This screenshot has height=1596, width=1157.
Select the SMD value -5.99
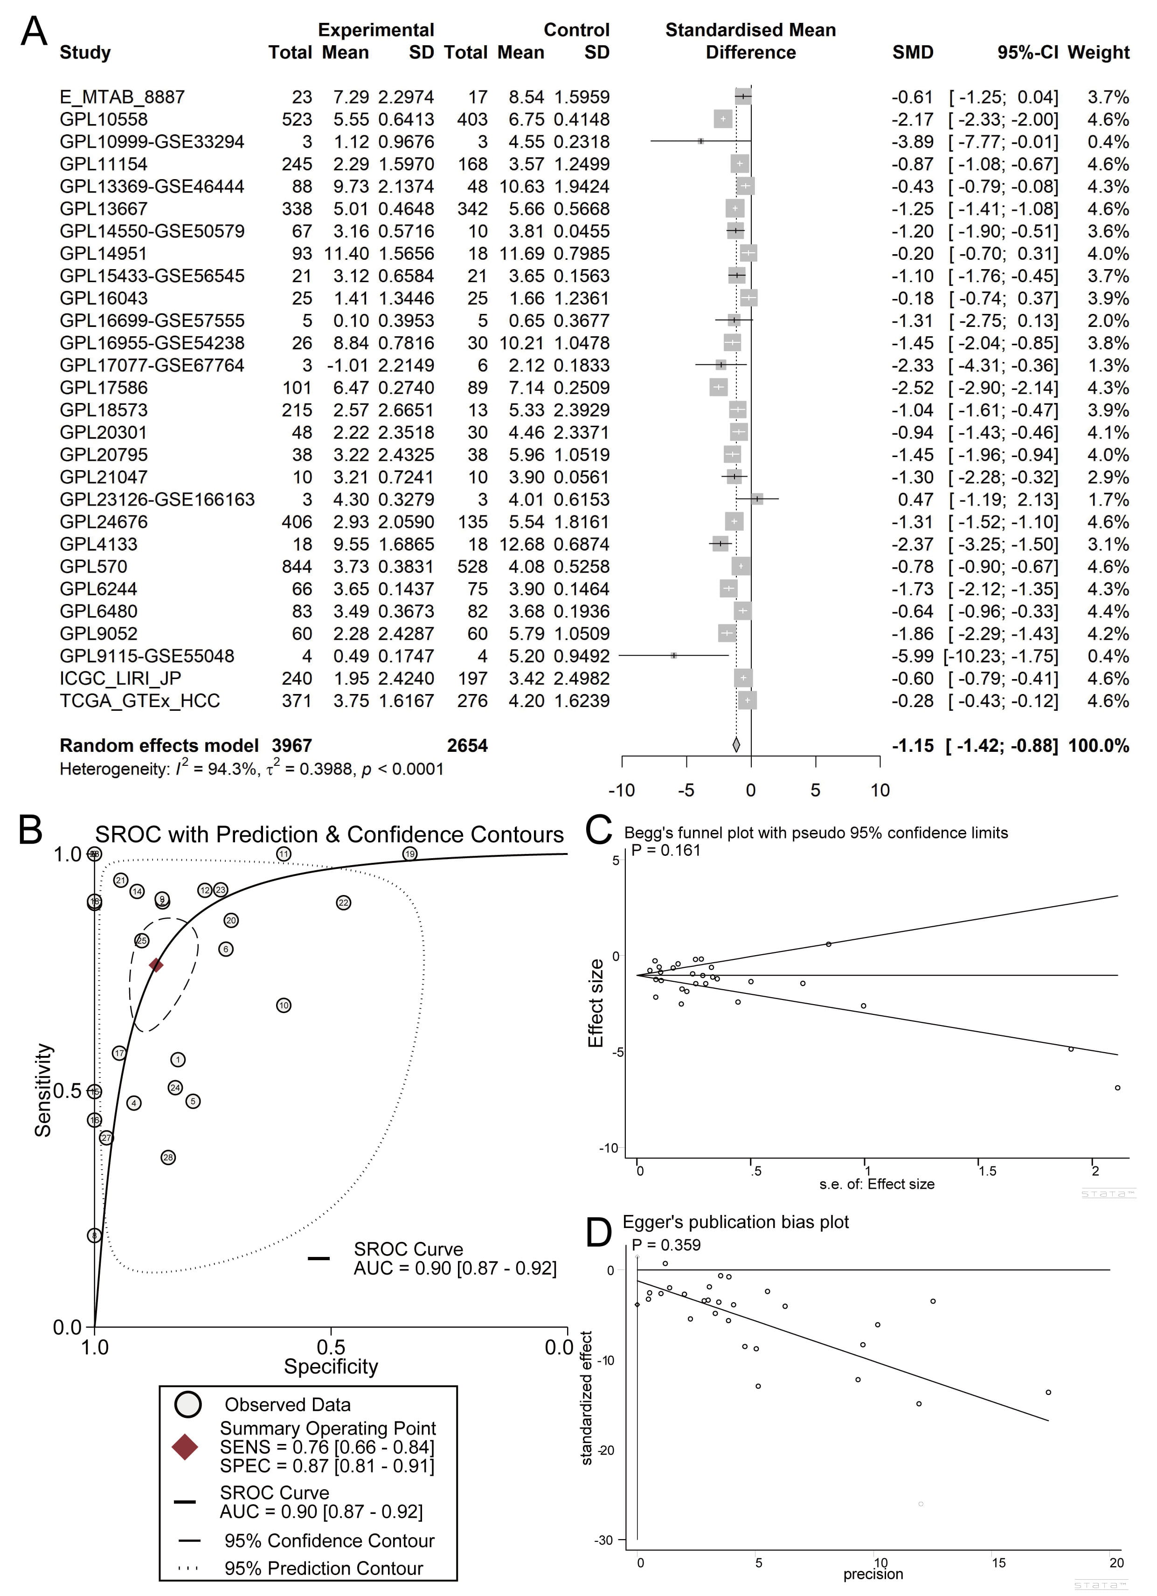(x=912, y=656)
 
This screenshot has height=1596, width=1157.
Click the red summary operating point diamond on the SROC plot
(x=156, y=965)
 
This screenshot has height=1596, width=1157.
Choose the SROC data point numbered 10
(x=284, y=1006)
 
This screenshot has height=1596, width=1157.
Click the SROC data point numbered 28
(x=168, y=1158)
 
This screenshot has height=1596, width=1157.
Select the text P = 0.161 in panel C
(x=666, y=850)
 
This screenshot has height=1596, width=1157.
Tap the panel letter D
(x=598, y=1232)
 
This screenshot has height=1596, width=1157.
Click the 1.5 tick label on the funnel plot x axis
(x=987, y=1171)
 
